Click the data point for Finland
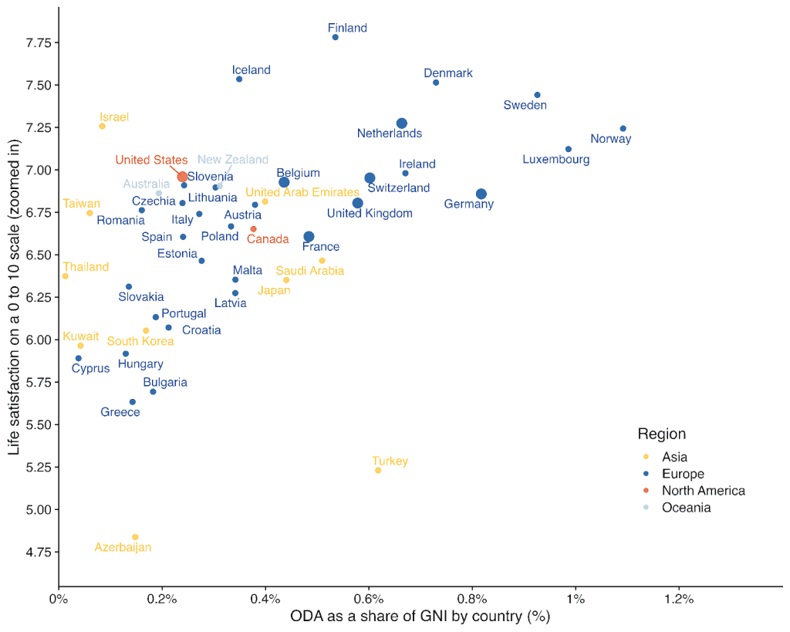coord(335,37)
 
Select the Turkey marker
coord(378,470)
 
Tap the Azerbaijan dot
coord(135,536)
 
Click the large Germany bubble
coord(481,194)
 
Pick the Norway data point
coord(623,128)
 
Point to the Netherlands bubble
coord(401,123)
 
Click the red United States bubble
coord(182,177)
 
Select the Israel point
coord(102,126)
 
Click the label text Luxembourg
coord(555,160)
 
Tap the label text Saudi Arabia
coord(309,271)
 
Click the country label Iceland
coord(252,70)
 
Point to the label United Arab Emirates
coord(302,192)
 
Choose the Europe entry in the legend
coord(683,474)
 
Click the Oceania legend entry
coord(686,508)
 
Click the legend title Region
coord(661,434)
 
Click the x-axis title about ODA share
coord(420,617)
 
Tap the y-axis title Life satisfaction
coord(14,297)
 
